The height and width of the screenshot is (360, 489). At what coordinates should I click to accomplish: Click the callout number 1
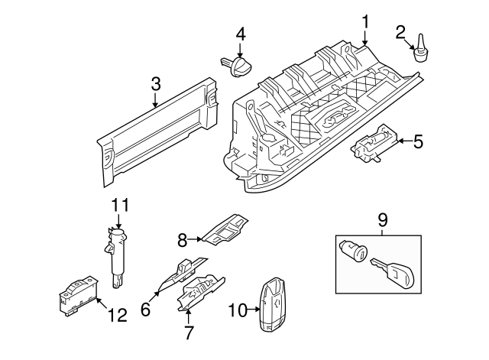(x=365, y=21)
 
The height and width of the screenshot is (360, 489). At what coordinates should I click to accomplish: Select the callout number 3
(x=155, y=83)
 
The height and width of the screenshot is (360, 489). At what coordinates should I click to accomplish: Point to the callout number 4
(x=241, y=34)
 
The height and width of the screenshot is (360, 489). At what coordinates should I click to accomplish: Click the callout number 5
(x=417, y=141)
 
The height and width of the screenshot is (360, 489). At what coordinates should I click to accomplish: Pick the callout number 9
(x=383, y=219)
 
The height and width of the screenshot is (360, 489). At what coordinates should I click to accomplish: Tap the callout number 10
(x=236, y=310)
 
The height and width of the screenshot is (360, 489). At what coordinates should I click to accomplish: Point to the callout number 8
(x=182, y=240)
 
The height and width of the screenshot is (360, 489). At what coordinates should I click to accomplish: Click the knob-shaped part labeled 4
(x=237, y=65)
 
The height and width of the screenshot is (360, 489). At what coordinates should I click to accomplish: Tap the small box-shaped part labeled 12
(x=76, y=294)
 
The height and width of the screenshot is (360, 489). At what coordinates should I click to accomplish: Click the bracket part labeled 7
(x=200, y=294)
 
